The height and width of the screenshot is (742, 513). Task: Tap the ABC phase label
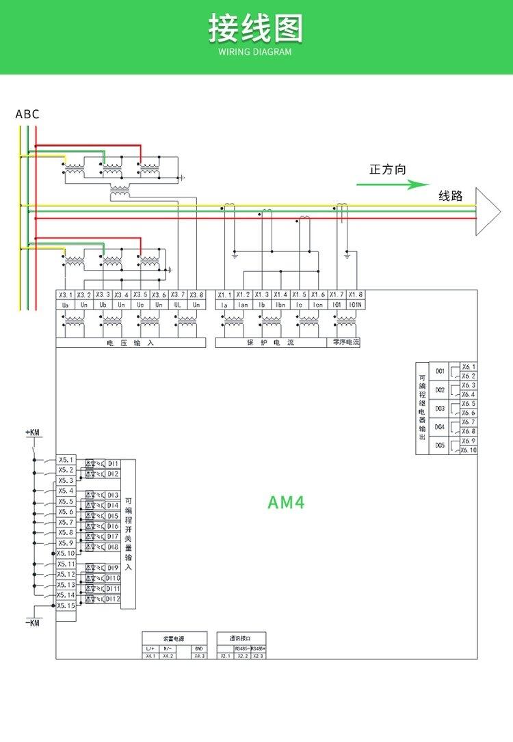point(27,114)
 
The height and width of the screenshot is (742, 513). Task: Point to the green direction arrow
point(393,184)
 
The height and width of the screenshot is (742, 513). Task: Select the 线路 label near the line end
point(451,196)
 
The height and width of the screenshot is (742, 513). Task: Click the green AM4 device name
point(286,503)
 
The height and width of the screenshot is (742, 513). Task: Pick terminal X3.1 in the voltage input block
point(65,295)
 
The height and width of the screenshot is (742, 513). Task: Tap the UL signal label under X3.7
point(178,305)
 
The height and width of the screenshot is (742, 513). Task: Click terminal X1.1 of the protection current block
point(225,295)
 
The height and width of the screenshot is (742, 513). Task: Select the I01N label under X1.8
point(355,305)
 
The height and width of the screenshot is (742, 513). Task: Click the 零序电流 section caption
point(346,342)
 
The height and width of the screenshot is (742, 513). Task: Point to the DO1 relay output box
point(440,372)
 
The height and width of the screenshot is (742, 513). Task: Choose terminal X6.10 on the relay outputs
point(469,450)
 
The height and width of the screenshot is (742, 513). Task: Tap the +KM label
point(33,432)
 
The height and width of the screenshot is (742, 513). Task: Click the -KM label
point(33,622)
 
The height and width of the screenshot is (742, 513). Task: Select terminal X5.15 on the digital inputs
point(66,605)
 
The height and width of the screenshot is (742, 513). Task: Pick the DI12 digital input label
point(113,599)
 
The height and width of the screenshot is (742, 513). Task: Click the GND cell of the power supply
point(198,648)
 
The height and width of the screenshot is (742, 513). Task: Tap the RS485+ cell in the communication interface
point(258,648)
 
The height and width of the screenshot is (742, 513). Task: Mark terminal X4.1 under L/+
point(150,656)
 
